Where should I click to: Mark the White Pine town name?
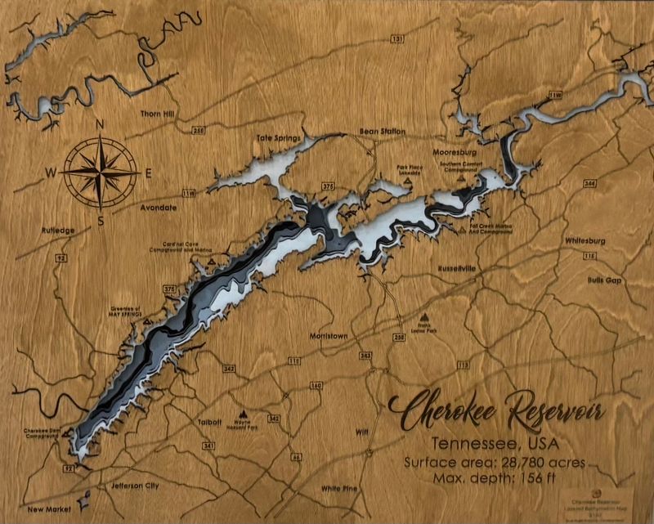click(x=343, y=489)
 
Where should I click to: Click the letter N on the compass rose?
click(x=100, y=124)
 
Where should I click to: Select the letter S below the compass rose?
click(x=101, y=220)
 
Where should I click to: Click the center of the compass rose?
click(x=101, y=172)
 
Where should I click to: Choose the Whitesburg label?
click(x=585, y=241)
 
